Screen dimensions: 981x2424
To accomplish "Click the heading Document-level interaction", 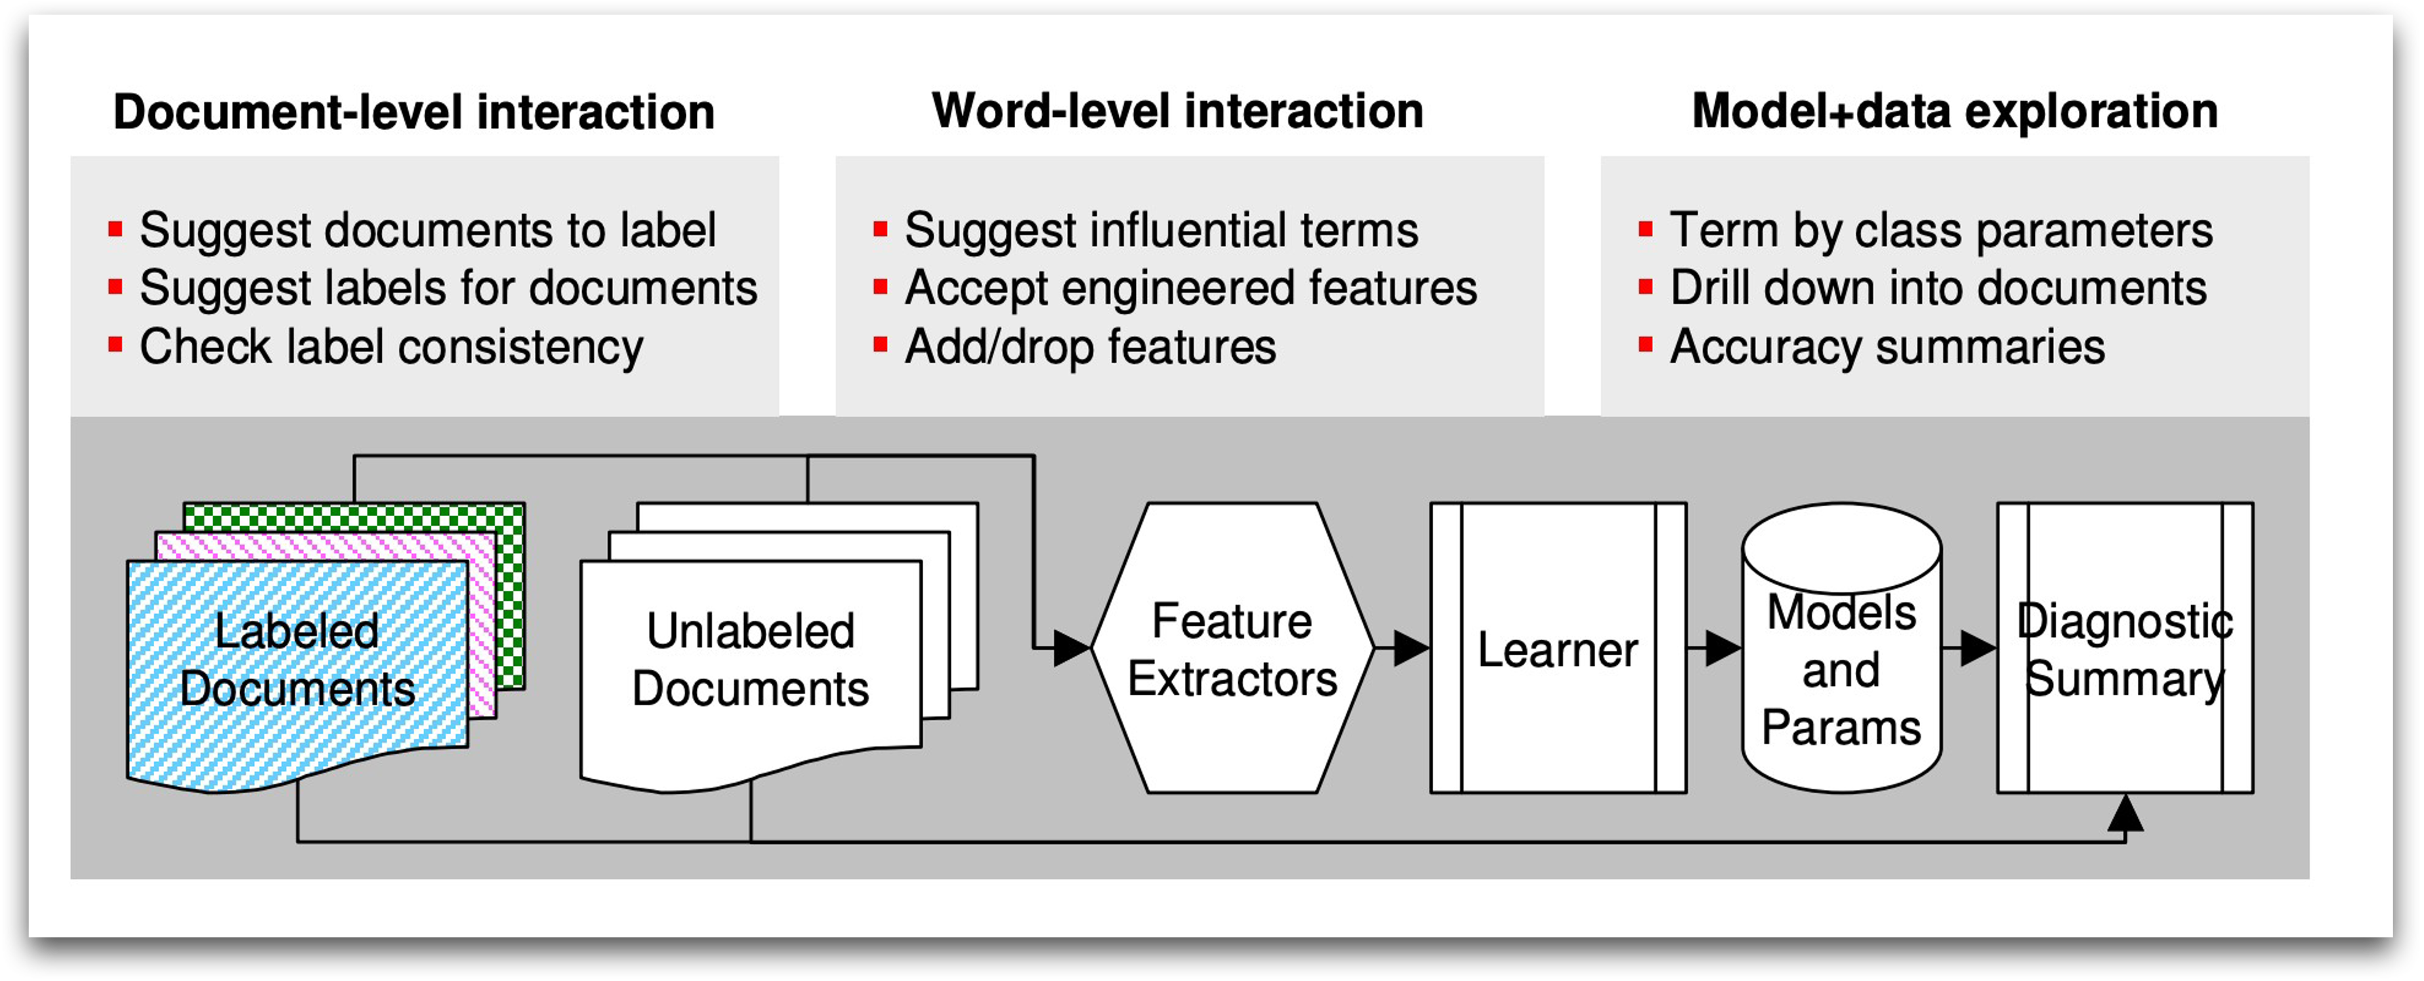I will [x=413, y=112].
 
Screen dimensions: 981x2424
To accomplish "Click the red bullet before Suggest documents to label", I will [x=115, y=229].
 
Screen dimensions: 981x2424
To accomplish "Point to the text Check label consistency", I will [x=392, y=347].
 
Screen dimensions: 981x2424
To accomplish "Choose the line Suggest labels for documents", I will [x=448, y=288].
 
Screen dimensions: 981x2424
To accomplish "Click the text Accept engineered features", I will [x=1190, y=288].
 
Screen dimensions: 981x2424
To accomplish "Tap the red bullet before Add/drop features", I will [x=881, y=345].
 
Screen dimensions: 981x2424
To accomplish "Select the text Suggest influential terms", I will [x=1161, y=230].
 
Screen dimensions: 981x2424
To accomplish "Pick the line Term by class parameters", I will [x=1941, y=230].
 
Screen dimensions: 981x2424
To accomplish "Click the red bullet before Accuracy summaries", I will [x=1646, y=345].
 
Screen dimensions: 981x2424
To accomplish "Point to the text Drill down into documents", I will [x=1938, y=288].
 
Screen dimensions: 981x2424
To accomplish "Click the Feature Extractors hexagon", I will [x=1232, y=649].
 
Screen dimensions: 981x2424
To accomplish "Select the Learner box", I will [x=1557, y=649].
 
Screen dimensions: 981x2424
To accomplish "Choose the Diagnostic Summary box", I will [x=2125, y=649].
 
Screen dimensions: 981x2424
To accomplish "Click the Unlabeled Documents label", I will [x=750, y=659].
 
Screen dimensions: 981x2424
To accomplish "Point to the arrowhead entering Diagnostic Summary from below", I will [x=2125, y=814].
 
